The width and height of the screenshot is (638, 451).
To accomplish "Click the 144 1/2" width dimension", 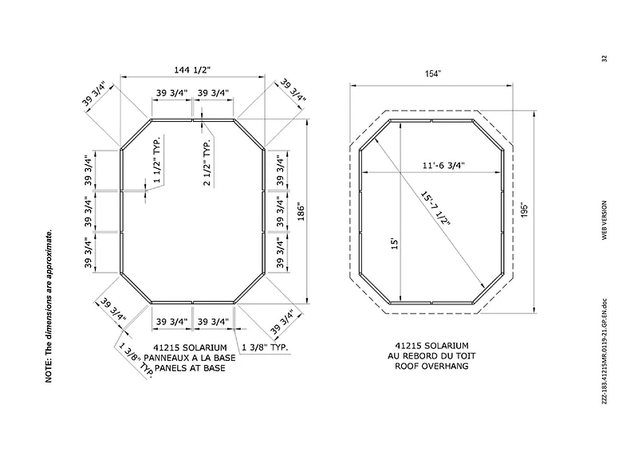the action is pyautogui.click(x=192, y=70).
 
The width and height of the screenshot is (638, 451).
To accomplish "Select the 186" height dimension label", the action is pyautogui.click(x=301, y=211).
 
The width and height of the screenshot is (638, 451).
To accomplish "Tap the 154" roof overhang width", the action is pyautogui.click(x=433, y=73).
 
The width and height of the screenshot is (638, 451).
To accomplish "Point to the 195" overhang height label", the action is pyautogui.click(x=524, y=210).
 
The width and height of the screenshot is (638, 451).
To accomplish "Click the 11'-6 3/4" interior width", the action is pyautogui.click(x=443, y=166).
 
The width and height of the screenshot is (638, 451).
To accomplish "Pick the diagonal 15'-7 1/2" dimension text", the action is pyautogui.click(x=436, y=208).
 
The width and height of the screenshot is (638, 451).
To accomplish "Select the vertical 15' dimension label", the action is pyautogui.click(x=394, y=244).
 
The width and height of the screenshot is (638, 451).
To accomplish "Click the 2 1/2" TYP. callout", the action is pyautogui.click(x=207, y=163).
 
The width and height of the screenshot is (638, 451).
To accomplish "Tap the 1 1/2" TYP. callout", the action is pyautogui.click(x=157, y=159).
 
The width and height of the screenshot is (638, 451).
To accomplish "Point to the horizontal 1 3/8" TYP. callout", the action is pyautogui.click(x=265, y=347).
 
